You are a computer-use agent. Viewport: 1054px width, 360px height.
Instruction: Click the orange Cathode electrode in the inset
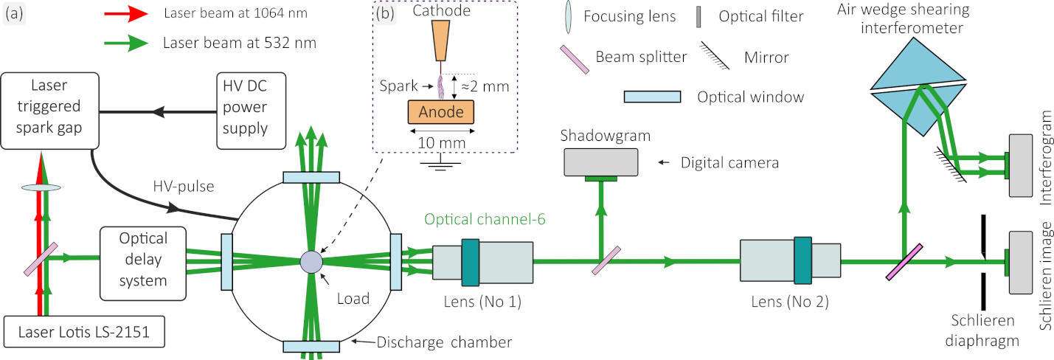442,41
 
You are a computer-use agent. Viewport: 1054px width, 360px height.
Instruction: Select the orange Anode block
442,111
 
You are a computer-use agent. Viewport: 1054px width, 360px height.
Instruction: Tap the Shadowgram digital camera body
601,161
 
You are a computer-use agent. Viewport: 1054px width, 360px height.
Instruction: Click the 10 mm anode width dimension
442,140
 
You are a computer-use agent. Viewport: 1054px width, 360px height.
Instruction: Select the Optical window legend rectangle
652,97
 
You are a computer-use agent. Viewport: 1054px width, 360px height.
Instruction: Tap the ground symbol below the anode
441,162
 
